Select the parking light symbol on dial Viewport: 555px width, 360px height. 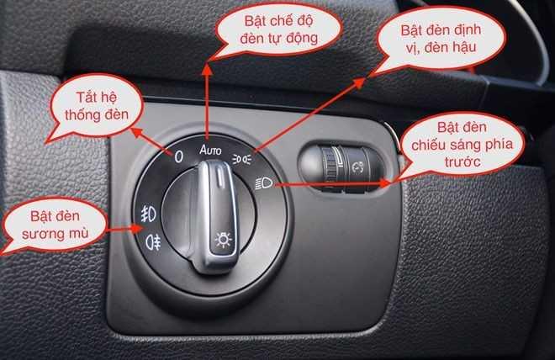coord(244,158)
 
